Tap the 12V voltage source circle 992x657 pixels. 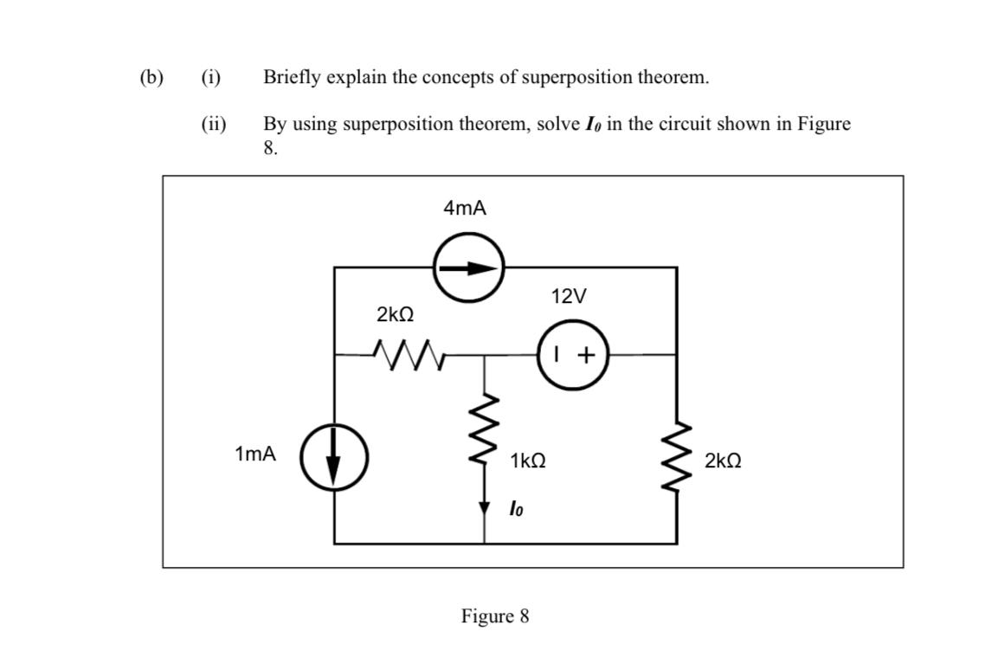click(x=573, y=354)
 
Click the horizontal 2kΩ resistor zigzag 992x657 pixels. click(x=406, y=352)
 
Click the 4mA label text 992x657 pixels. click(x=465, y=208)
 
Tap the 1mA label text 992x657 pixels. click(x=255, y=454)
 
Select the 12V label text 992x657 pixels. click(x=568, y=297)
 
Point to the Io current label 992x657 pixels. click(x=516, y=508)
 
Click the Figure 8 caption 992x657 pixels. click(x=495, y=616)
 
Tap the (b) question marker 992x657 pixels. click(x=151, y=77)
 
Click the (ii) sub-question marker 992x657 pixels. click(x=213, y=124)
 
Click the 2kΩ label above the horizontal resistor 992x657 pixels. click(x=394, y=314)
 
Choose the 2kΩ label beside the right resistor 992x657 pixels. click(x=723, y=461)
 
